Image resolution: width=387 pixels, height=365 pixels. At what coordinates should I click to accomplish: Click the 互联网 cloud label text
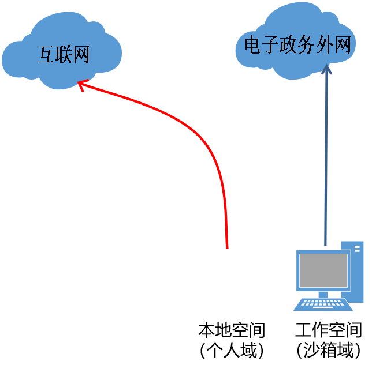tap(64, 54)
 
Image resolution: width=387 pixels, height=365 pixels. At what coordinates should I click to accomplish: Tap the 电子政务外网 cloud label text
tap(298, 44)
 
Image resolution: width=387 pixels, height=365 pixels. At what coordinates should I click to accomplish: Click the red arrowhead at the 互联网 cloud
tap(83, 85)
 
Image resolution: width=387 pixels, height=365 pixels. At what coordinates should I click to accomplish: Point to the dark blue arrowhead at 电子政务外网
tap(326, 69)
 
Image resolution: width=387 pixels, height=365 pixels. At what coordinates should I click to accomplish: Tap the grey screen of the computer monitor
tap(323, 270)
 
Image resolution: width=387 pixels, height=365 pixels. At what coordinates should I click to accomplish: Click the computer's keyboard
tap(323, 304)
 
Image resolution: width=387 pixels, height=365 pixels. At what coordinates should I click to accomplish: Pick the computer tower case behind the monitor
tap(353, 271)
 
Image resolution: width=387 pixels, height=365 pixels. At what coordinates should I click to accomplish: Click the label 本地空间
tap(232, 330)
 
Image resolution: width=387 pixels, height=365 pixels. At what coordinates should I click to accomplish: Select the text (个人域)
tap(232, 350)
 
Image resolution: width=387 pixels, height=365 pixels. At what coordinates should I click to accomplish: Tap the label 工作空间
tap(329, 330)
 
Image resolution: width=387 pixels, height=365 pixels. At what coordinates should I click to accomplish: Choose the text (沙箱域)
tap(329, 350)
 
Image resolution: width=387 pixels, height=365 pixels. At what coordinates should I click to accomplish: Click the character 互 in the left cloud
tap(46, 54)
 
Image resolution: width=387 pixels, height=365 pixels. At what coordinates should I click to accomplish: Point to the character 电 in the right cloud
tap(253, 44)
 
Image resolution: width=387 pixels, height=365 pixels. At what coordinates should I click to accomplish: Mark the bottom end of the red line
tap(228, 249)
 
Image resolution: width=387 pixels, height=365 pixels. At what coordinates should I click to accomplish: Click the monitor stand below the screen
tap(323, 295)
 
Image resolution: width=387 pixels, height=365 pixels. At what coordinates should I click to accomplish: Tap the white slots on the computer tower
tap(357, 249)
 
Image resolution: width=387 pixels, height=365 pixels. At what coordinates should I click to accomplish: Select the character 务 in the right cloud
tap(307, 44)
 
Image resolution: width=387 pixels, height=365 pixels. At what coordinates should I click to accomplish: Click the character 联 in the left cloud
tap(64, 54)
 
